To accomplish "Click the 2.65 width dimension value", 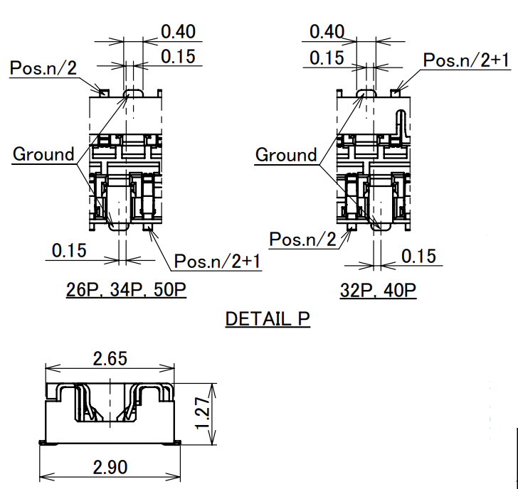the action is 110,359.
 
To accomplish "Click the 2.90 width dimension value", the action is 110,467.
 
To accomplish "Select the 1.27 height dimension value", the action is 203,413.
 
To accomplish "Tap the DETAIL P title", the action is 268,318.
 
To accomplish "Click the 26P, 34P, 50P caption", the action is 126,290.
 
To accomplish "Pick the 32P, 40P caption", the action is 378,291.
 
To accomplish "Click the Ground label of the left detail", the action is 43,154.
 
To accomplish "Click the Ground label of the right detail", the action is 286,155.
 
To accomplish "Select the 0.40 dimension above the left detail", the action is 179,32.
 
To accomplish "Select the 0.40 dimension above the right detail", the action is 327,32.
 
